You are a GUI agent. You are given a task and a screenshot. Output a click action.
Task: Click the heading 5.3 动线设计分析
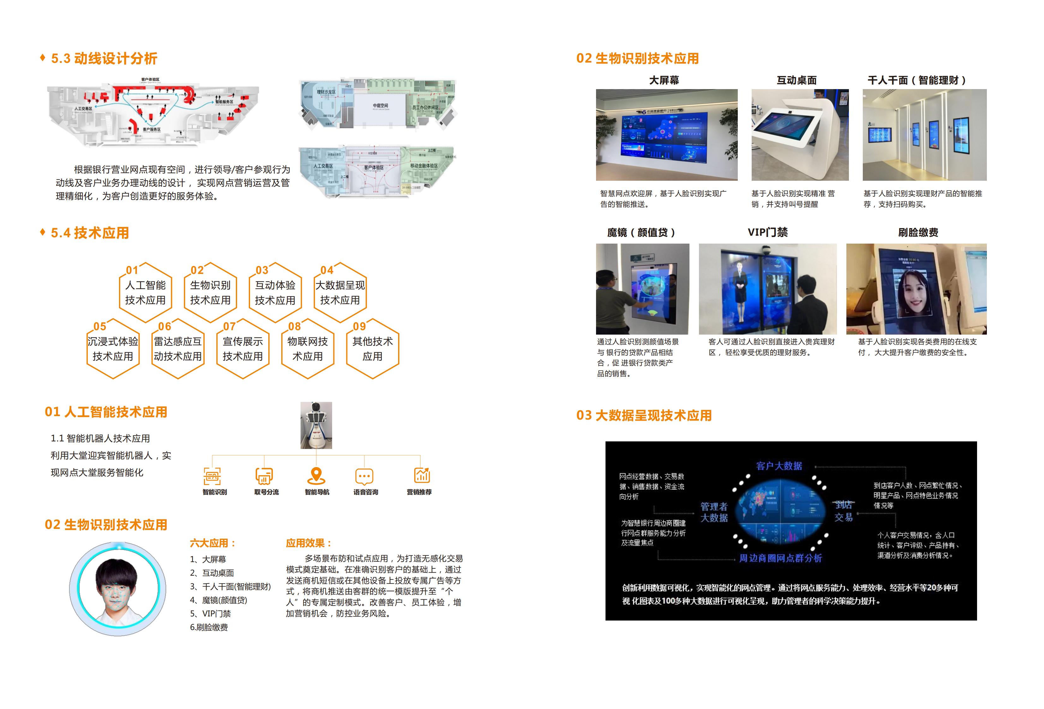104,58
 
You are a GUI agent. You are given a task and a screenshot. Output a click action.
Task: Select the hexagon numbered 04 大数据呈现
340,293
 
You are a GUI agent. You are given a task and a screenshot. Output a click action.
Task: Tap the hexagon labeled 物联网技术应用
308,349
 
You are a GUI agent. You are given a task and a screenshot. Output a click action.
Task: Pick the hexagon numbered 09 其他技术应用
373,349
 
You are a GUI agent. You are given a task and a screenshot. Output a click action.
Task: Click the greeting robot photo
316,425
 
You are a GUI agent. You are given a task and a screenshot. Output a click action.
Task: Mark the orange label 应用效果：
309,543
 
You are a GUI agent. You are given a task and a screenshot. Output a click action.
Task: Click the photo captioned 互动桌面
800,135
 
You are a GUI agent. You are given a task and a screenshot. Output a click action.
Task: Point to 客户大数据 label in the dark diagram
779,466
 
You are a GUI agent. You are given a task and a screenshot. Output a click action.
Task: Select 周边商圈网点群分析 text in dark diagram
780,558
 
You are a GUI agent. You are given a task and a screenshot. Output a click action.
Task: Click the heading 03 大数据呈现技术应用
644,415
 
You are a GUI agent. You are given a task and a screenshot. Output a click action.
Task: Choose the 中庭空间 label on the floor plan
380,106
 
